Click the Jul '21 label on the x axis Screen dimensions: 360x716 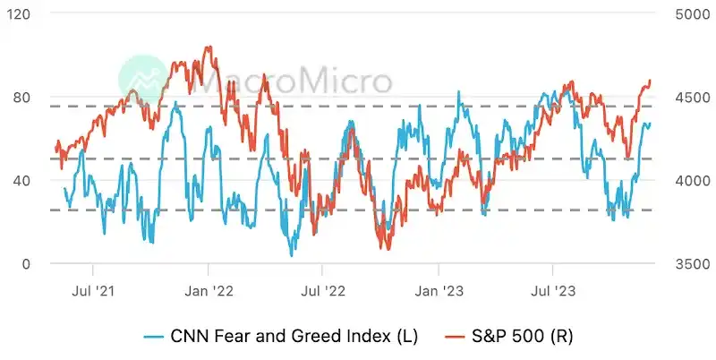coord(93,291)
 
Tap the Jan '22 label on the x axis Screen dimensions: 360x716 coord(209,291)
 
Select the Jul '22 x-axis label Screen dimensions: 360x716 coord(322,291)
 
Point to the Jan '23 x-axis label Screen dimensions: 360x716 coord(439,291)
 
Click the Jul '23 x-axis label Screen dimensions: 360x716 coord(552,291)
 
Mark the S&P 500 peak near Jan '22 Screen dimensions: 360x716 coord(209,47)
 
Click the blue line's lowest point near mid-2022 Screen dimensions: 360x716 coord(291,256)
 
